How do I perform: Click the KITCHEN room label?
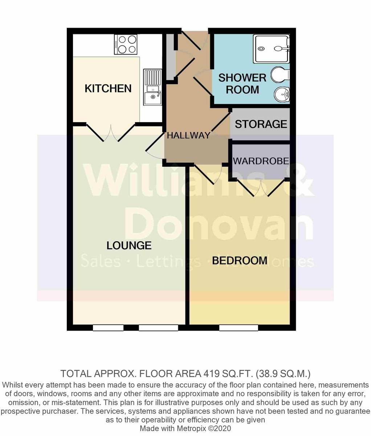click(x=108, y=88)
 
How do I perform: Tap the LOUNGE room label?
click(x=129, y=246)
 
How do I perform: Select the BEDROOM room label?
click(x=240, y=261)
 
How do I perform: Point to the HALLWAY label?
click(x=188, y=136)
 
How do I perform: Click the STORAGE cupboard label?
click(x=261, y=124)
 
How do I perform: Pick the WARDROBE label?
click(x=261, y=161)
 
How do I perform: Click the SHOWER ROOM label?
click(x=242, y=84)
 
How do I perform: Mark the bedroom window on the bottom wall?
click(x=238, y=328)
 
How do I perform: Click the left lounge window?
click(x=108, y=328)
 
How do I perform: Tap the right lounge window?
click(x=158, y=328)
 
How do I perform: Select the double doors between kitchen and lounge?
click(x=111, y=132)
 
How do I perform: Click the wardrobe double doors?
click(x=261, y=187)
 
